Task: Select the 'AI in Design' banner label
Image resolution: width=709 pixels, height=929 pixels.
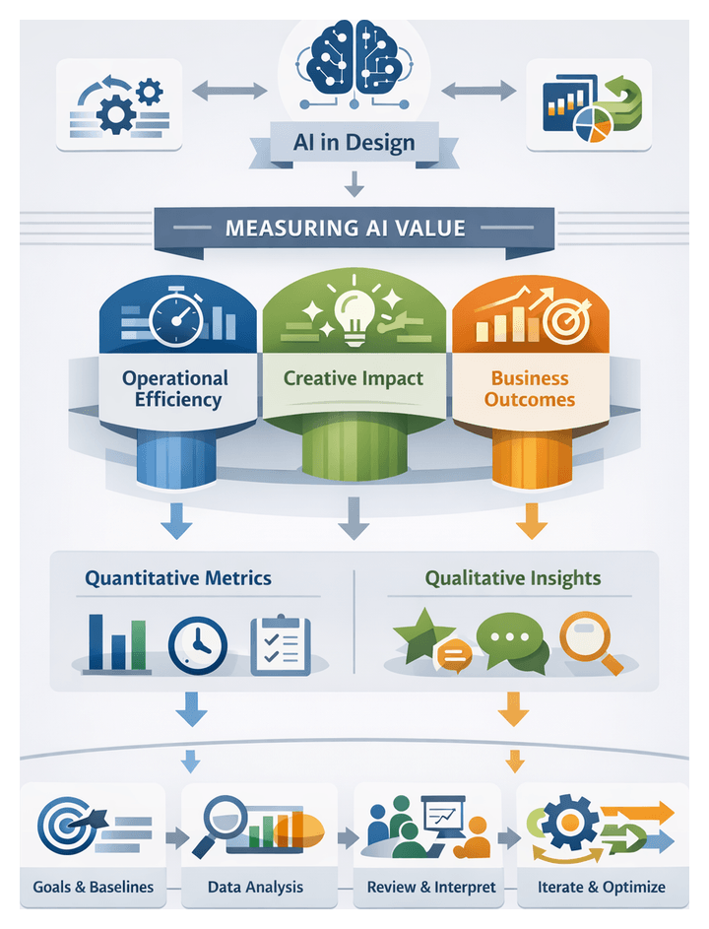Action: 354,142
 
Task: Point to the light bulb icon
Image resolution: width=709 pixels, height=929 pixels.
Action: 353,313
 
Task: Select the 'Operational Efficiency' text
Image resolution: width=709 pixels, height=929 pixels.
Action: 174,388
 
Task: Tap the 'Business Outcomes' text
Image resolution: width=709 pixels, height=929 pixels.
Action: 530,388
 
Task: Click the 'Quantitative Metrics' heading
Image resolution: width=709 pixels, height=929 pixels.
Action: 177,578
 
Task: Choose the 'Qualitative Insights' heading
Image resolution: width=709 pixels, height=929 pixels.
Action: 513,578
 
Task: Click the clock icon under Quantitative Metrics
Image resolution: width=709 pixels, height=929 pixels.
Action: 197,644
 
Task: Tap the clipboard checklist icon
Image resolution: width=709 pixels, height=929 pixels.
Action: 280,644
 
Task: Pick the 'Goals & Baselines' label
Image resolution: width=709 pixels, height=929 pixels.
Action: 94,887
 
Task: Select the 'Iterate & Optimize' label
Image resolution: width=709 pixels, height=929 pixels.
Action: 601,887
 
